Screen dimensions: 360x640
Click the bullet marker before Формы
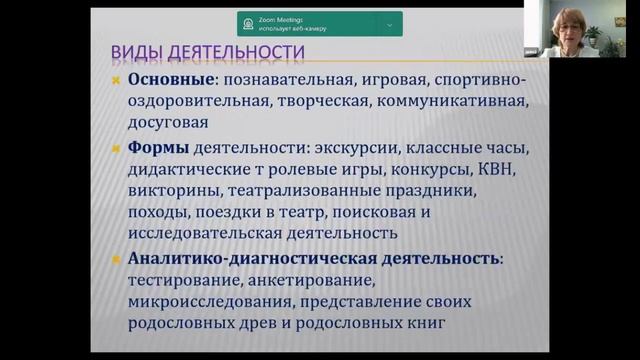[x=115, y=150]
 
